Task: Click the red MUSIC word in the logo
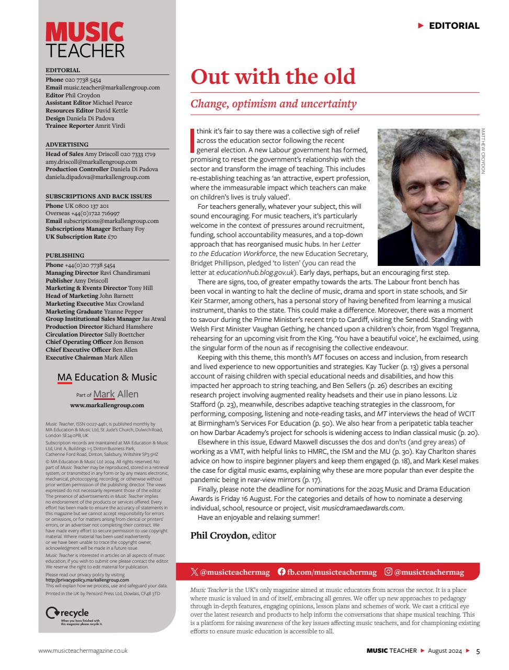(84, 32)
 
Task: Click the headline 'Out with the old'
(273, 76)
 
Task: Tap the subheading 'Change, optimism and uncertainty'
(273, 103)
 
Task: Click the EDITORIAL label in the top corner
(454, 26)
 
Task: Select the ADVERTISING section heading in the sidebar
(67, 144)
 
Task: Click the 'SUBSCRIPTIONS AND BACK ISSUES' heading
(98, 196)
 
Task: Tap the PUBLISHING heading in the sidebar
(65, 256)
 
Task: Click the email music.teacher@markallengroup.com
(111, 87)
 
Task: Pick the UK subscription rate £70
(112, 237)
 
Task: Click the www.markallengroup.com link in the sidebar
(107, 405)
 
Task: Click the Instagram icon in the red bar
(388, 572)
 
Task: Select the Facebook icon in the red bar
(281, 572)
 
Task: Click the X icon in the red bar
(195, 572)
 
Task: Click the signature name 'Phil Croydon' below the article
(220, 535)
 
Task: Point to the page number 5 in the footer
(478, 651)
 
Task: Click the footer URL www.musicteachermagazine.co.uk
(83, 651)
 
